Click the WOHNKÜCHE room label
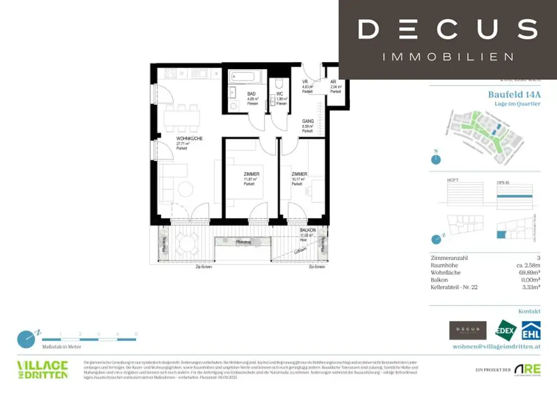pos(189,139)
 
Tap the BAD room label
pos(251,94)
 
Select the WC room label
pos(280,94)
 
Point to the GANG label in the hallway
pos(308,121)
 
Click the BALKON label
pos(308,230)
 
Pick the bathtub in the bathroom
pos(247,77)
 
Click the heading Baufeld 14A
pos(514,94)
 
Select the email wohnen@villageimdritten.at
pos(497,346)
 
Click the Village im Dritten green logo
pos(42,369)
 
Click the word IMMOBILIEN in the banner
pos(448,57)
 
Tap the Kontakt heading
pos(529,311)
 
